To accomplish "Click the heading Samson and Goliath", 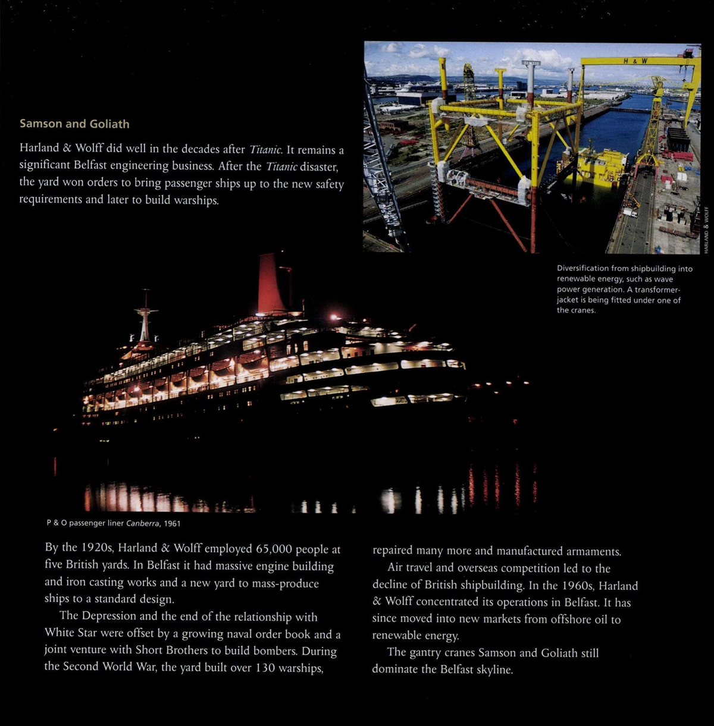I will (x=74, y=124).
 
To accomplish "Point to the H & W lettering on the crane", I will (x=635, y=61).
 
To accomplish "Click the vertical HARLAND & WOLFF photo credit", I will (x=706, y=230).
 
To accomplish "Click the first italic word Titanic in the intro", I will (x=265, y=150).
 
